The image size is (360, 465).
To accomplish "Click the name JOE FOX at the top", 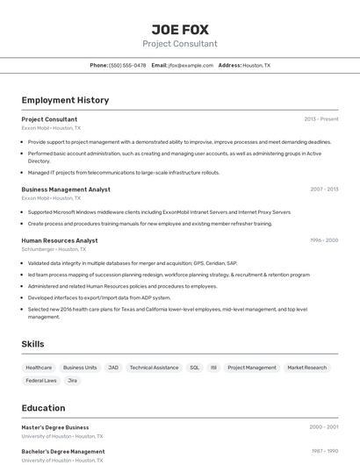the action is pos(180,29).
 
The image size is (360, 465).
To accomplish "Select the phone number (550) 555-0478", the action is pos(127,65).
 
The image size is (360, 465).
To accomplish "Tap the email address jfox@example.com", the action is pos(191,65).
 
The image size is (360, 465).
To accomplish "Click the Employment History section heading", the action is pos(65,100).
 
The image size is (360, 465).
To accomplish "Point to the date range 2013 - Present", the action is pos(320,119).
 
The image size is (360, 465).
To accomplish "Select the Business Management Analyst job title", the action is pos(66,189).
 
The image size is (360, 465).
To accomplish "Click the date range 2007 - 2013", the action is pos(324,189).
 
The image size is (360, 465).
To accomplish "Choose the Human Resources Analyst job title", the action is pos(60,240).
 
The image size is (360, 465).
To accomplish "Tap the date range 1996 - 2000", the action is pos(324,240).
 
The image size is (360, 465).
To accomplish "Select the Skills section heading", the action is pos(32,344).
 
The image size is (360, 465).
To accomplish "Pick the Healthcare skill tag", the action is pos(39,368).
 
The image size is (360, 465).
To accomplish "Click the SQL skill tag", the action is pos(194,368).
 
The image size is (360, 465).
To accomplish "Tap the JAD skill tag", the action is pos(113,368).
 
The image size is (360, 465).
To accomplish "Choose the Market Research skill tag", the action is pos(306,368).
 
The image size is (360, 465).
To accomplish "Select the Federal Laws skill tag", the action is pos(41,381).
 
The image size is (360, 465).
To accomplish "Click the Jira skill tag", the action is pos(73,381).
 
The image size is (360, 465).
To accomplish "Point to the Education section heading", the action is pos(43,408).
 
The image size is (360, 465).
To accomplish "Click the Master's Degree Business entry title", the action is pos(55,427).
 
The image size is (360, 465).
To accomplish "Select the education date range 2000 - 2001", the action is pos(323,427).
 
